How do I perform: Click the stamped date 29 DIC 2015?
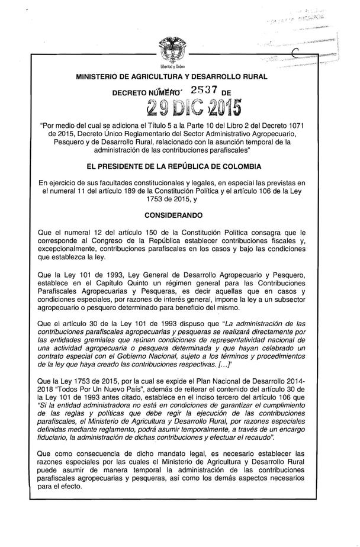click(189, 109)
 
